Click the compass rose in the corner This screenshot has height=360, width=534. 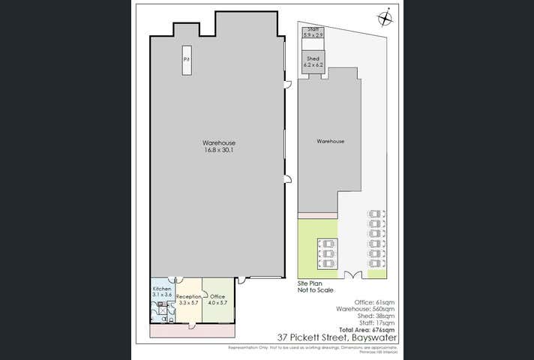385,17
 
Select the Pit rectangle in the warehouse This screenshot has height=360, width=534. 186,65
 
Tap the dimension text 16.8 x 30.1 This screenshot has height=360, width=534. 219,150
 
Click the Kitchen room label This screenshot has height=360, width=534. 163,292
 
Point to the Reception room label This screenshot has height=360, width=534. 187,299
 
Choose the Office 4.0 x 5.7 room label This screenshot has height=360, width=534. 217,299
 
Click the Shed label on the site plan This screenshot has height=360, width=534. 313,61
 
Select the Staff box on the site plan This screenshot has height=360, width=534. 313,33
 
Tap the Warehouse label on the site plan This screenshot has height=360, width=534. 330,141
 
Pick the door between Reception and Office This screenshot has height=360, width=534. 202,286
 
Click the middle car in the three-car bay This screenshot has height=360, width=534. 327,253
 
